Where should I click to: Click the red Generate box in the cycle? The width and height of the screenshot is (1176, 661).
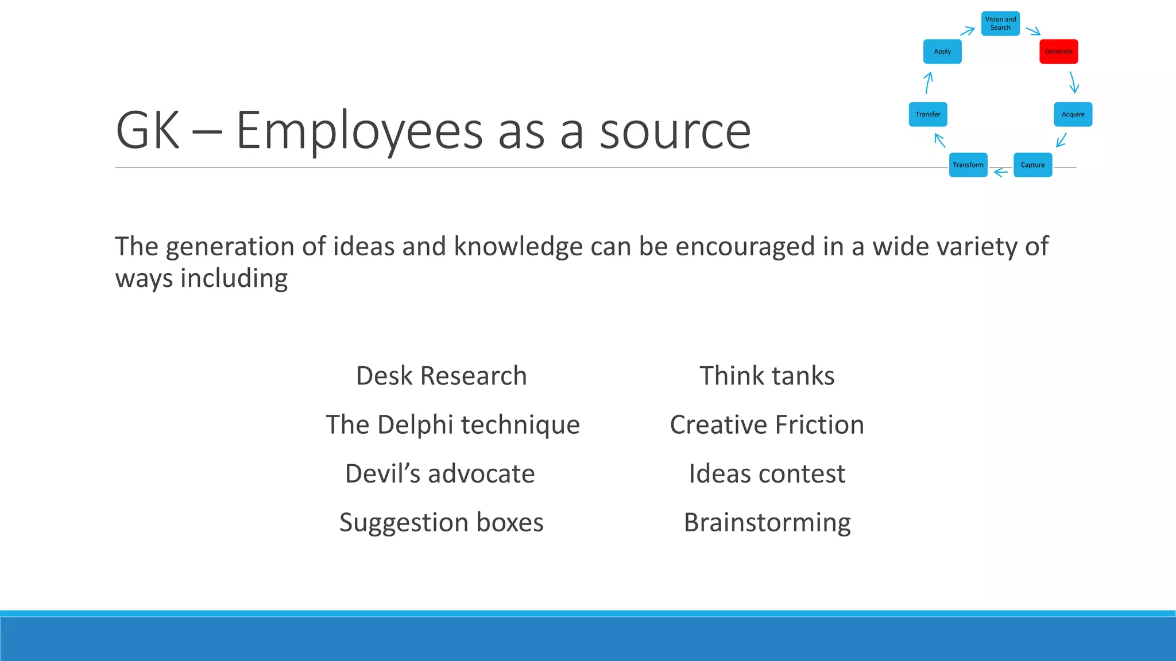(1058, 52)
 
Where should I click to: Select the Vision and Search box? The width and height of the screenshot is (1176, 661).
(1000, 24)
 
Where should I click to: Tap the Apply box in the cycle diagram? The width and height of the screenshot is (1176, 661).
(942, 52)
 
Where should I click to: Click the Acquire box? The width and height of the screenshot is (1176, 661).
(1073, 114)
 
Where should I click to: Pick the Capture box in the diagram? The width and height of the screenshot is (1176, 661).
(1032, 165)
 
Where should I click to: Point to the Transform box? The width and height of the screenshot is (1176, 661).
(968, 165)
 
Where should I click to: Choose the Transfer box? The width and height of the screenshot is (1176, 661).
(928, 114)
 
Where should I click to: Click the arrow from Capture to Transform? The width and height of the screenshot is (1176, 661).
(1001, 172)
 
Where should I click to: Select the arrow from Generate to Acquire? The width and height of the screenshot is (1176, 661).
(1073, 83)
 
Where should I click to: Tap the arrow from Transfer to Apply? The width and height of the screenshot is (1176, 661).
(929, 83)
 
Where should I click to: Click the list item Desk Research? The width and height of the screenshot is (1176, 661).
(441, 376)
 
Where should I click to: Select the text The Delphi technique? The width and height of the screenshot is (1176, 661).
(452, 425)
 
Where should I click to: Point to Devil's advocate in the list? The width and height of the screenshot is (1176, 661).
(440, 473)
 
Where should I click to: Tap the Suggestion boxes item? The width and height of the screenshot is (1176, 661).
(441, 522)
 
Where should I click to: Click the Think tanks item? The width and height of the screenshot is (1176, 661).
(767, 376)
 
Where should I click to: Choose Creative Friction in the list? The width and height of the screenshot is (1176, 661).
(767, 425)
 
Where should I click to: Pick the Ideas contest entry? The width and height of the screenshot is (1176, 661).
(767, 473)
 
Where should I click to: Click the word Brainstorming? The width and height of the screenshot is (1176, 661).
(767, 522)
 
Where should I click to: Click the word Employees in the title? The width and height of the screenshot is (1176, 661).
(359, 131)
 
